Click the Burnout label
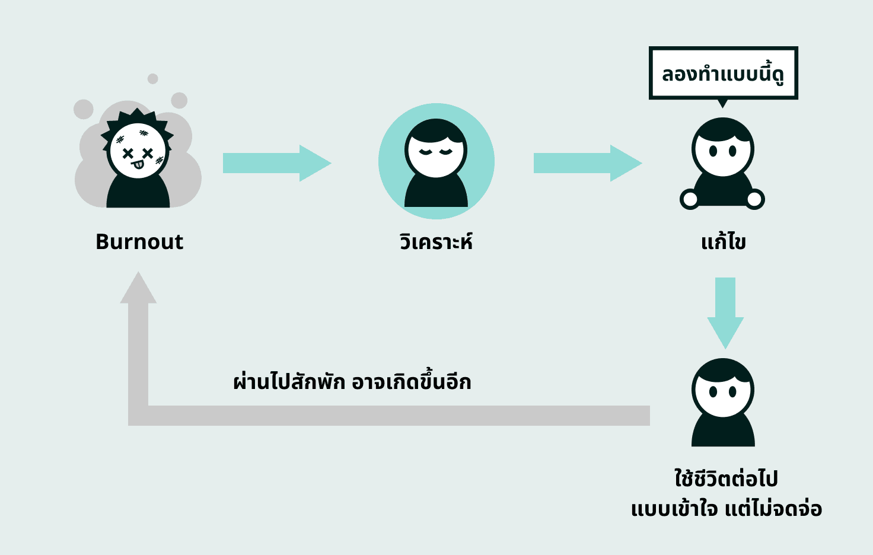[139, 241]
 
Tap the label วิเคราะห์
[436, 242]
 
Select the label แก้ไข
[723, 242]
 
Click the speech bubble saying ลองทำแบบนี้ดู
[723, 74]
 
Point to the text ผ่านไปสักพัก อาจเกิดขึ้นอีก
[352, 382]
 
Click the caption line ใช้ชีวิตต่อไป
[726, 479]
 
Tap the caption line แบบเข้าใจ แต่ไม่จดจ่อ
[726, 509]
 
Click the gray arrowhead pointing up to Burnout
[138, 289]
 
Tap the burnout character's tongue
[138, 164]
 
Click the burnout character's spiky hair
[136, 116]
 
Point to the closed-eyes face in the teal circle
[436, 151]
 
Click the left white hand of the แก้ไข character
[690, 199]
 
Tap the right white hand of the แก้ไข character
[755, 199]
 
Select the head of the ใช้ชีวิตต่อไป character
[723, 388]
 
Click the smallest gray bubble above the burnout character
[152, 78]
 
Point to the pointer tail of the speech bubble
[722, 103]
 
